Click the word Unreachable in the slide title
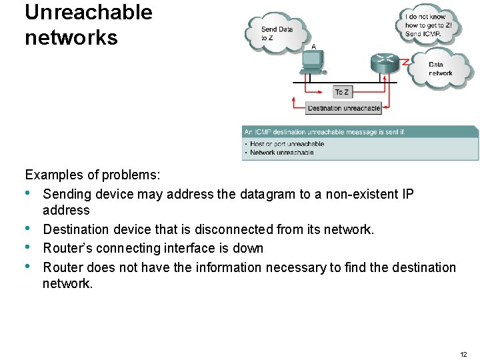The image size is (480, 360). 89,13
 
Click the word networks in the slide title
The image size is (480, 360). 71,37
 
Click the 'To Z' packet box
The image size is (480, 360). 342,92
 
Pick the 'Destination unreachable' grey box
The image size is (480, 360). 344,108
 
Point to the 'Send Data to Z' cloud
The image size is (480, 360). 276,33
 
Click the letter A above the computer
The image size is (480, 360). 313,47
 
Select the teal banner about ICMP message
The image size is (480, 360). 360,132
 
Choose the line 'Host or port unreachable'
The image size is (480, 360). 287,144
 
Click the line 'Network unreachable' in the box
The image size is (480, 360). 281,153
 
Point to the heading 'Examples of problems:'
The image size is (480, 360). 93,175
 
